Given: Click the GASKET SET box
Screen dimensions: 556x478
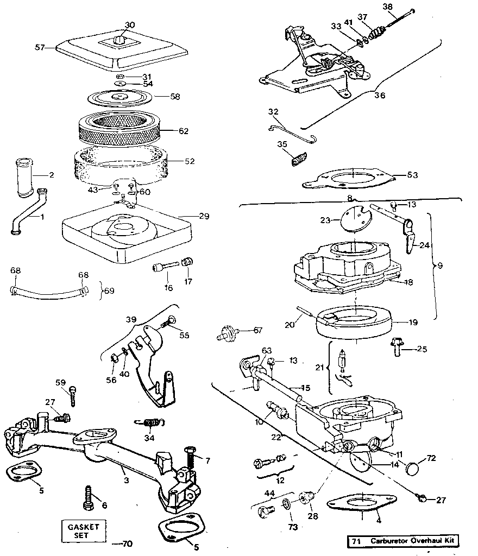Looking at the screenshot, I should point(83,531).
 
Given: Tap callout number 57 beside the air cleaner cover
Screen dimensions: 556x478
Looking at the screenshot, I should point(40,48).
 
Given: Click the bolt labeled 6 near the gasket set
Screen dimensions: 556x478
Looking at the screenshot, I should point(87,498).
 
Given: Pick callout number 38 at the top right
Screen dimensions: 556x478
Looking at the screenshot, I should point(403,7).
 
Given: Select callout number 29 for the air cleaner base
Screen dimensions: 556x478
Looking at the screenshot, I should point(204,216).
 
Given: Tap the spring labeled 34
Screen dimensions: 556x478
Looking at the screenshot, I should point(152,422).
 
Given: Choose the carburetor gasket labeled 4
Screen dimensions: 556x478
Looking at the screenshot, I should point(358,504).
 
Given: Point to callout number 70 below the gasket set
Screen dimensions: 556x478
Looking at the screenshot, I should point(128,544).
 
